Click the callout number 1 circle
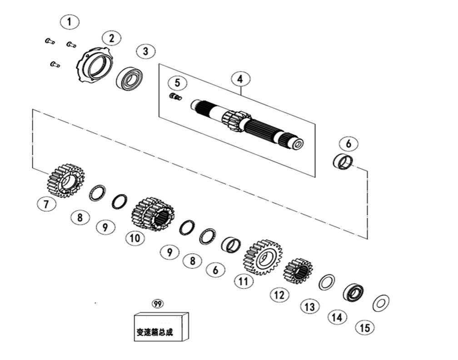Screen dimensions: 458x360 click(70, 22)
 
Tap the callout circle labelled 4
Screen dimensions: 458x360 click(240, 79)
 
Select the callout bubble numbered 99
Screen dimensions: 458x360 click(158, 304)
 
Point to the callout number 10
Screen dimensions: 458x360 click(135, 238)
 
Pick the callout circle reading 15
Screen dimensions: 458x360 click(365, 328)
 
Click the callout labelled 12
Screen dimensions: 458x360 click(279, 295)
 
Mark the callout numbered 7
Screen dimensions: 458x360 click(46, 204)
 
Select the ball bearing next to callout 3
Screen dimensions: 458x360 click(129, 78)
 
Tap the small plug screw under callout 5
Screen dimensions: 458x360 click(175, 96)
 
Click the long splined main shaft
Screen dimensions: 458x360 click(247, 124)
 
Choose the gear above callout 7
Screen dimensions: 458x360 click(66, 181)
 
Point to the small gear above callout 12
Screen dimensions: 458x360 click(298, 271)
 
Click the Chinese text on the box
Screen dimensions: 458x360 click(155, 332)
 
